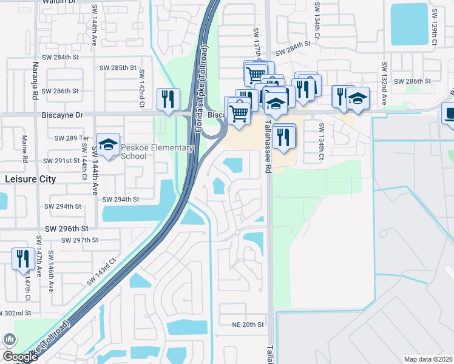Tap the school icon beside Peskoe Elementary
pos(109,144)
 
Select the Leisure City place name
pos(30,180)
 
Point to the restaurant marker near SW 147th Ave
pos(22,258)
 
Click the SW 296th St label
pos(67,229)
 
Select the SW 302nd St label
pos(17,313)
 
